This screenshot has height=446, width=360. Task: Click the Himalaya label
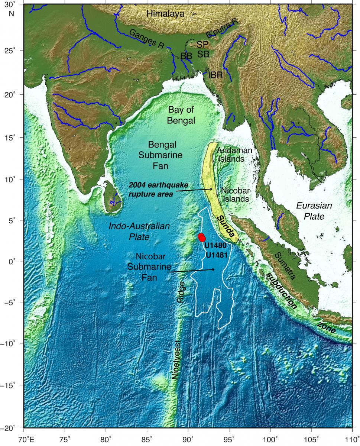pyautogui.click(x=165, y=14)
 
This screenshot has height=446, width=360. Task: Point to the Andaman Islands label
pyautogui.click(x=234, y=154)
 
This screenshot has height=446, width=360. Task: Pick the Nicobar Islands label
pyautogui.click(x=235, y=194)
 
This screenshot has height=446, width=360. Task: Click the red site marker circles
pyautogui.click(x=202, y=237)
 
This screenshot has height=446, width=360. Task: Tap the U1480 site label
pyautogui.click(x=216, y=246)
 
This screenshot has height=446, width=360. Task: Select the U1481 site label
pyautogui.click(x=216, y=255)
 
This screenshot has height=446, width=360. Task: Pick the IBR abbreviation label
pyautogui.click(x=215, y=75)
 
